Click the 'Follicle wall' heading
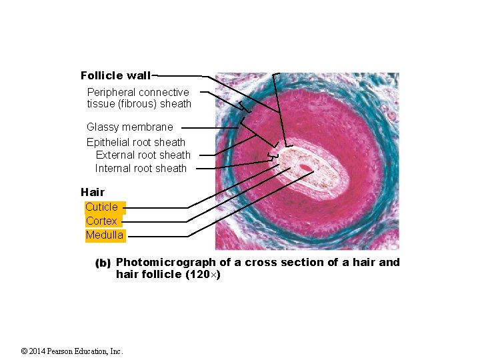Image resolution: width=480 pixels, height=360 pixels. coord(115,75)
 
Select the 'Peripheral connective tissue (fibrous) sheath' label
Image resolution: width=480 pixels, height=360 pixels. coord(139,98)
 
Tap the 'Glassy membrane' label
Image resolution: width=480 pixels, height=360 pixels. coord(129,127)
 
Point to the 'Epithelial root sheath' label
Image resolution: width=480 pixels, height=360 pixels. coord(136,142)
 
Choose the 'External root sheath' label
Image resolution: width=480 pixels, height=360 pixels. coord(143,155)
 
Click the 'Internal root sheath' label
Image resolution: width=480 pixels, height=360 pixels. coord(141,168)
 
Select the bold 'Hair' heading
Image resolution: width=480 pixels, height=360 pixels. coord(93,192)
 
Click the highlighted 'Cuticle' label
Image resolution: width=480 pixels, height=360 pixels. coord(101,207)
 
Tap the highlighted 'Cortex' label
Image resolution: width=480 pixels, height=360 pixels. coord(101,221)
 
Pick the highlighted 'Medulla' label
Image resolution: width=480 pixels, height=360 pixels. coord(104,235)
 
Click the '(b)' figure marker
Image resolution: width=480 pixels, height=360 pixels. coord(103,263)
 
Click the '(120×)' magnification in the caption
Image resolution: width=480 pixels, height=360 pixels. coord(203,274)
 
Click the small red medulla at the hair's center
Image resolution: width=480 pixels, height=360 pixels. coord(305,167)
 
